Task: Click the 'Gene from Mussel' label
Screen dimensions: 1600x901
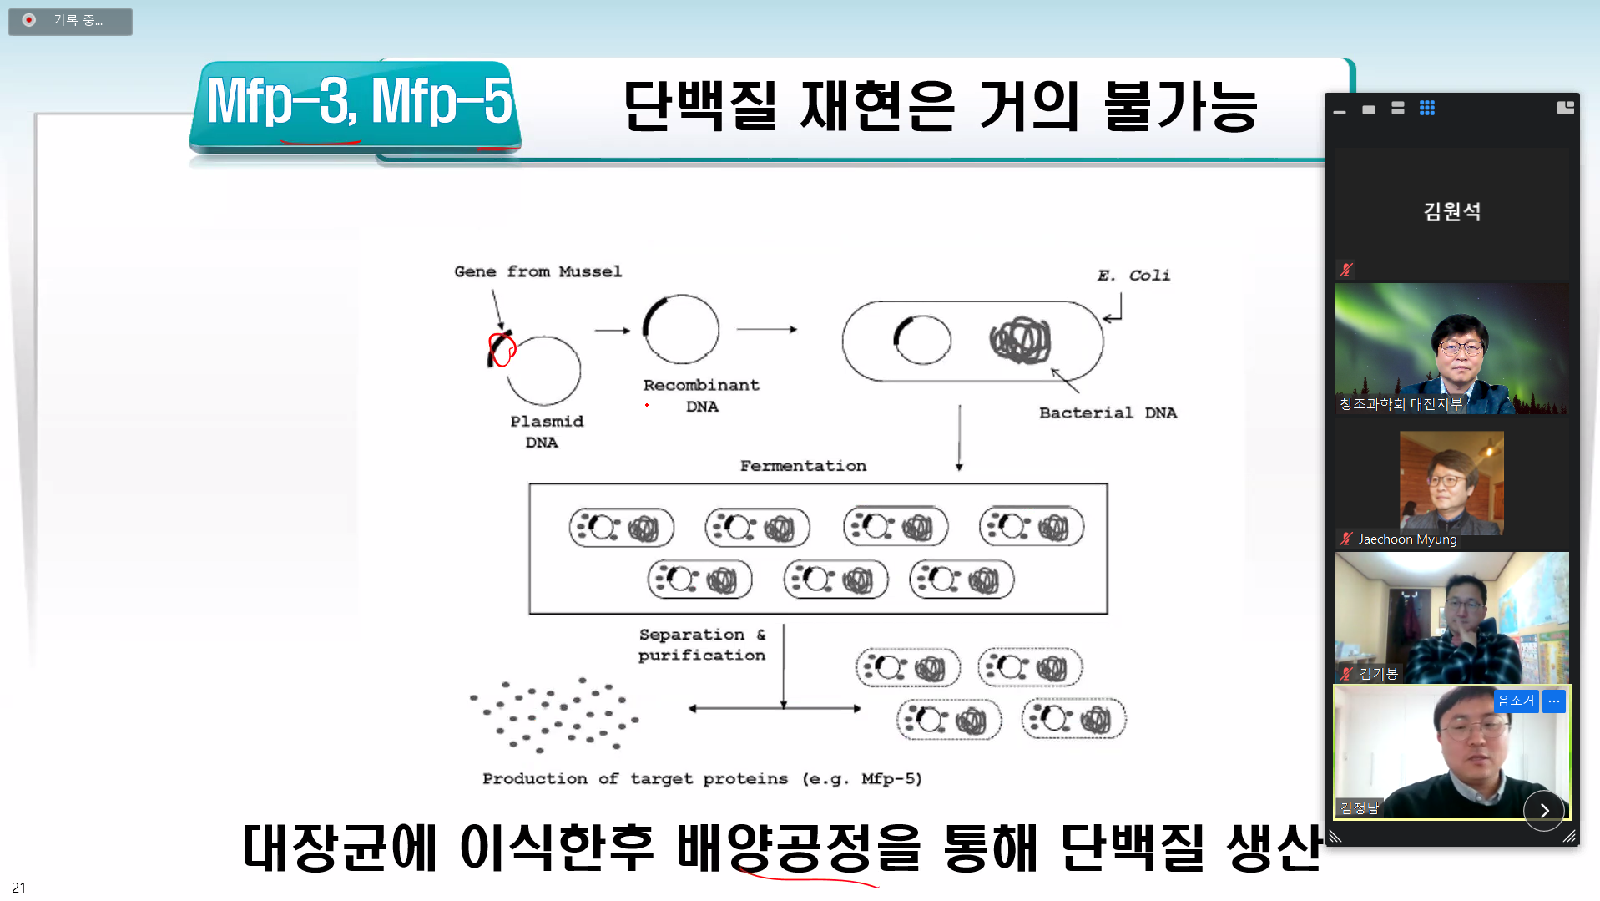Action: point(538,271)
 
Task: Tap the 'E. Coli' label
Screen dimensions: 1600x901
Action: point(1133,276)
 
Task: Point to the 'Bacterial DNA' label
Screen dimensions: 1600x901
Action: point(1108,413)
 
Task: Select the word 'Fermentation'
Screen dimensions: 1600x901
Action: point(803,466)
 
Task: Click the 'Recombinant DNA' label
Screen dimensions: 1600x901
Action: point(701,395)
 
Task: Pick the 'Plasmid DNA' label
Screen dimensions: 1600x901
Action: point(546,432)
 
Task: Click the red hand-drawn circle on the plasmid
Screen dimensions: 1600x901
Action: point(502,349)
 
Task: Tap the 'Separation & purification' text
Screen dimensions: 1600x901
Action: point(702,645)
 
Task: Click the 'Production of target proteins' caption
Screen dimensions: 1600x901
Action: point(702,778)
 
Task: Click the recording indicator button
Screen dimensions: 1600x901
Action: point(70,21)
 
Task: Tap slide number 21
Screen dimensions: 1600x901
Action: point(18,888)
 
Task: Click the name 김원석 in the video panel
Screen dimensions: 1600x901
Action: point(1451,211)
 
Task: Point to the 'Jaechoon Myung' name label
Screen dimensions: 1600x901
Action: point(1407,539)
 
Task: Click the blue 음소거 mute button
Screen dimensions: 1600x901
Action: point(1515,701)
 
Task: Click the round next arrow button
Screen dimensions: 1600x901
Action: point(1543,810)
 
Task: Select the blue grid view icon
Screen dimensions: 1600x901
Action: point(1427,108)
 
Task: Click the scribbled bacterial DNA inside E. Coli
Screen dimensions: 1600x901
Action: point(1019,340)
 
